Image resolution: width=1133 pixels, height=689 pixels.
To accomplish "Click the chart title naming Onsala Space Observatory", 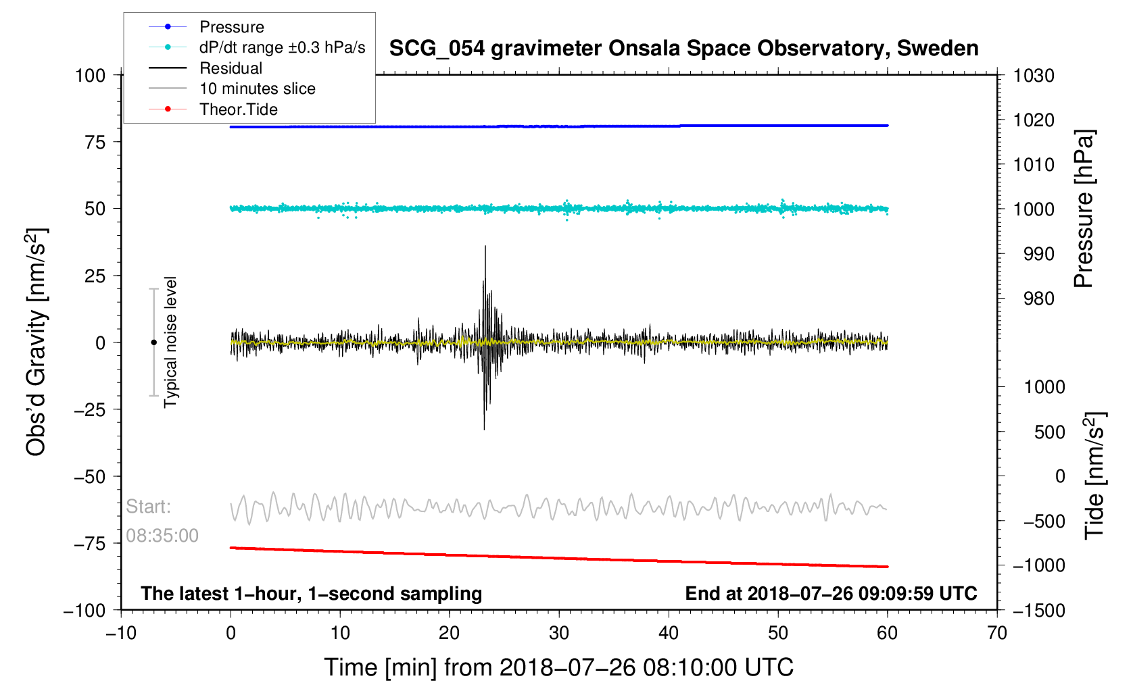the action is click(x=683, y=49).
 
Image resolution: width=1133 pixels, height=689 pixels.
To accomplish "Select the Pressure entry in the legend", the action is click(x=232, y=27).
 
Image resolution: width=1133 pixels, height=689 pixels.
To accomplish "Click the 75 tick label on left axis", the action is click(x=95, y=142).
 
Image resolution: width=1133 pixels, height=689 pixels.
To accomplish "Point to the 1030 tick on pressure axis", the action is click(x=1034, y=76).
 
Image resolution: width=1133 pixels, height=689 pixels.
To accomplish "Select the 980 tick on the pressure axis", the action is click(x=1039, y=299).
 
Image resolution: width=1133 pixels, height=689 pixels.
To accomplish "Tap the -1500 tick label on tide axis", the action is click(x=1039, y=610).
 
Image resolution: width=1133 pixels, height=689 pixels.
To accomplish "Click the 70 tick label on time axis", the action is click(x=997, y=633).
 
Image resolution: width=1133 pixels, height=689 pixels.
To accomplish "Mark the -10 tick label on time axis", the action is click(x=121, y=633).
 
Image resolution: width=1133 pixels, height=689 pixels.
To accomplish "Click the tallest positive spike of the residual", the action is click(x=485, y=246).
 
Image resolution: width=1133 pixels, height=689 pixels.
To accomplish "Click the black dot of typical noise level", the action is click(x=153, y=342).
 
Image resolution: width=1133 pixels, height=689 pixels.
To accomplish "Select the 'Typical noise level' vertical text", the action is click(x=170, y=342).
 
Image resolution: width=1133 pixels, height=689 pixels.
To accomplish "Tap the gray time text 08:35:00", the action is click(x=162, y=536).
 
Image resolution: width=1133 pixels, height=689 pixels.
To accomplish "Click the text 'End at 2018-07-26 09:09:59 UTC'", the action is click(x=831, y=594).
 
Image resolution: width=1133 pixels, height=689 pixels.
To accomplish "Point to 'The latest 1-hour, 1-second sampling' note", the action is click(x=311, y=594).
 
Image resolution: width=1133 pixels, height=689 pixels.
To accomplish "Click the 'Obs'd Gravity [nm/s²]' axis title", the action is click(x=36, y=342).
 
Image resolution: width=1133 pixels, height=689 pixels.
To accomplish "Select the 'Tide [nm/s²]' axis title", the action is click(x=1094, y=476).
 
